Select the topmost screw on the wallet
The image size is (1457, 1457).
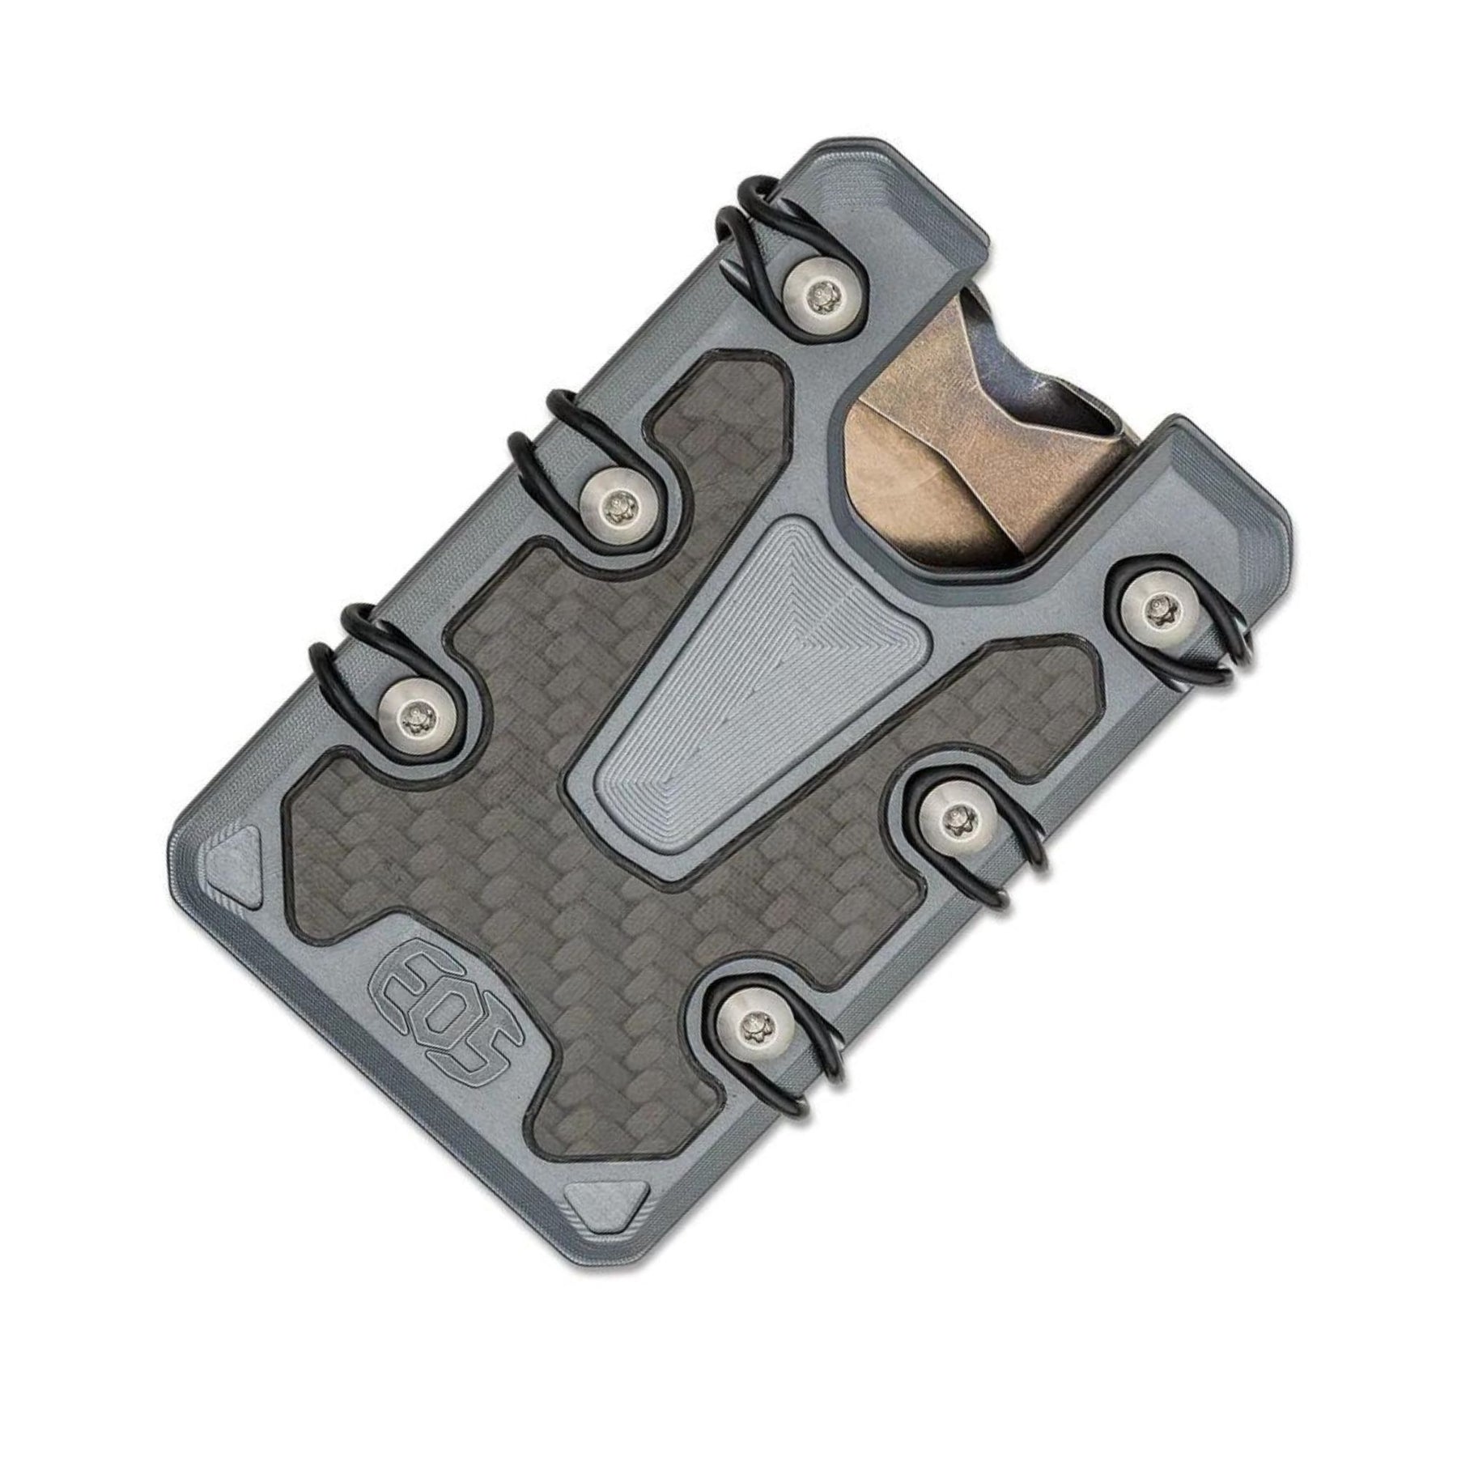click(x=822, y=292)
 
